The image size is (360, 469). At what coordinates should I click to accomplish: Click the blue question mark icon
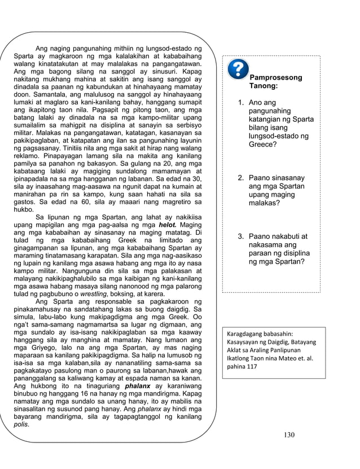point(238,69)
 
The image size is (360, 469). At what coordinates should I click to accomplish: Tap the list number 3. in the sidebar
point(240,236)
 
